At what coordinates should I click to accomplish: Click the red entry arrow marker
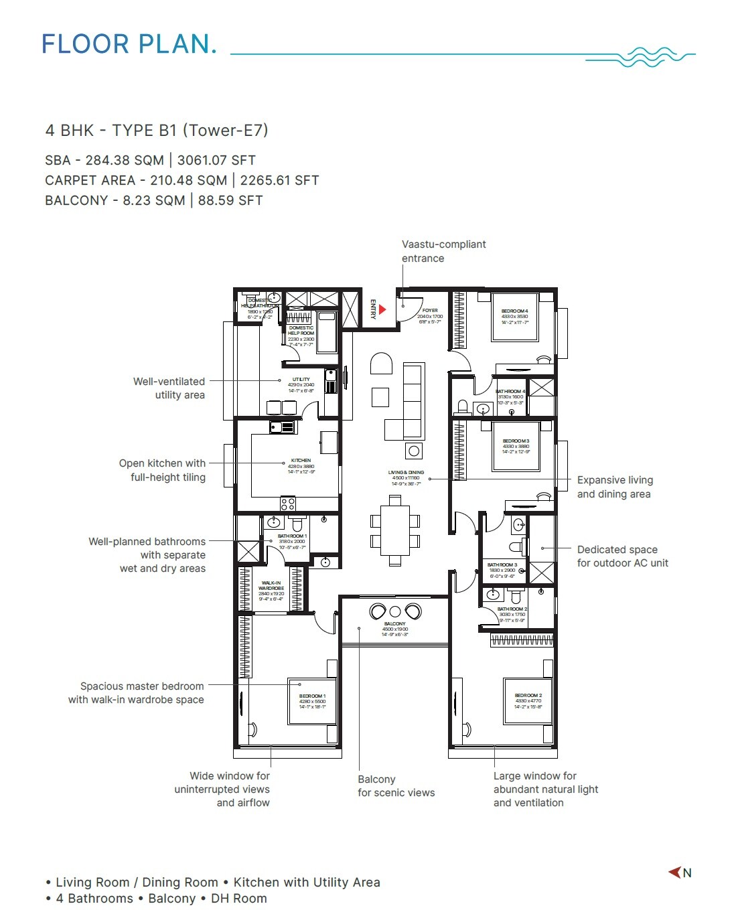click(382, 309)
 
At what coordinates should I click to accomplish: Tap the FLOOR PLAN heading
click(129, 44)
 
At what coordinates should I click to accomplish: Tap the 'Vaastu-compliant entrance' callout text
click(443, 251)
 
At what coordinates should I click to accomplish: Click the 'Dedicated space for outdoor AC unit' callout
click(622, 556)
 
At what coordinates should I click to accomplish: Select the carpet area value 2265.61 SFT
click(279, 180)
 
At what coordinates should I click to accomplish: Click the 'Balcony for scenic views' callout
click(396, 785)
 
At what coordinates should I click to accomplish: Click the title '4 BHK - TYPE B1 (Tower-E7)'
click(157, 130)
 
